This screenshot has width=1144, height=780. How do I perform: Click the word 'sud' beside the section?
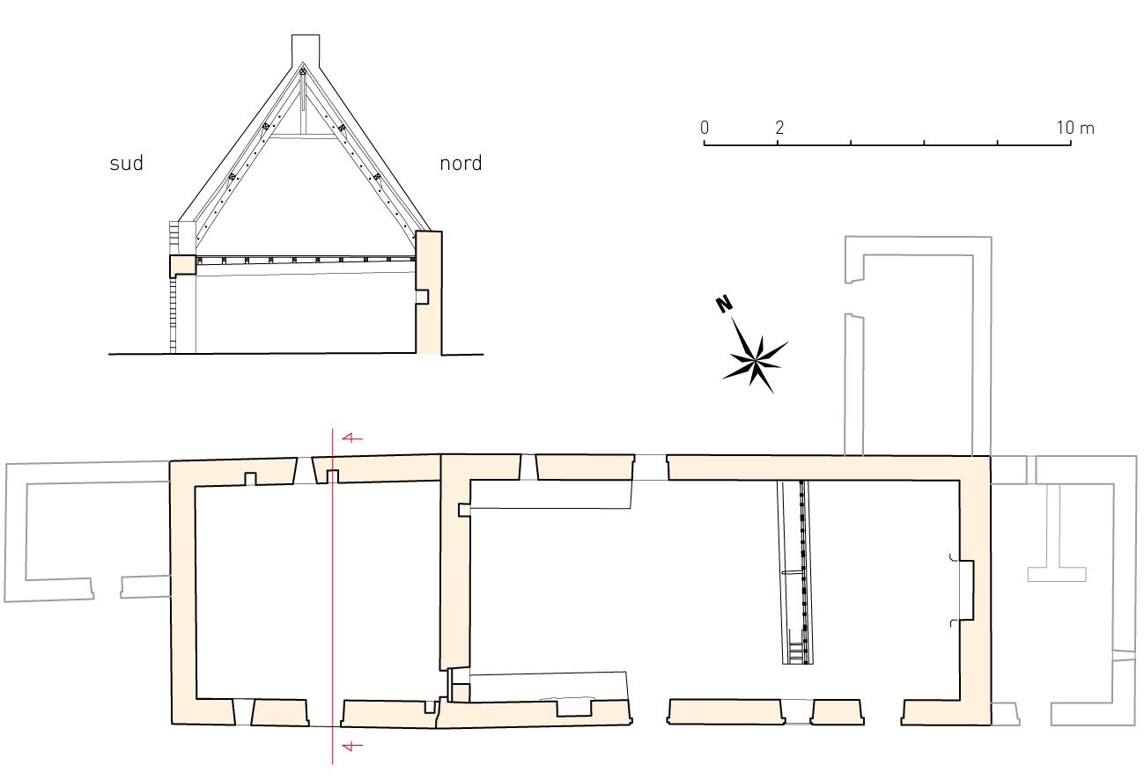coord(126,164)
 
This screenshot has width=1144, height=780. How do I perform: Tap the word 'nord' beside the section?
coord(461,164)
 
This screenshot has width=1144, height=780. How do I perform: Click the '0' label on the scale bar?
coord(705,128)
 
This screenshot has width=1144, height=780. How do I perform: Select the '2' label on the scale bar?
coord(779,128)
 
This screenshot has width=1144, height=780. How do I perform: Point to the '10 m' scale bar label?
coord(1075,128)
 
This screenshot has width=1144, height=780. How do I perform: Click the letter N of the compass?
coord(724,305)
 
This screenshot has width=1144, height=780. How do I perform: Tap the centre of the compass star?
coord(756,361)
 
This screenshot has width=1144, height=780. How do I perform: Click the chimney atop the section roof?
coord(306,50)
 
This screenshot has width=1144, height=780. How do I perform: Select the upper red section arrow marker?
coord(352,438)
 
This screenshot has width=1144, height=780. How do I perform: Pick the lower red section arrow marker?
coord(352,746)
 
